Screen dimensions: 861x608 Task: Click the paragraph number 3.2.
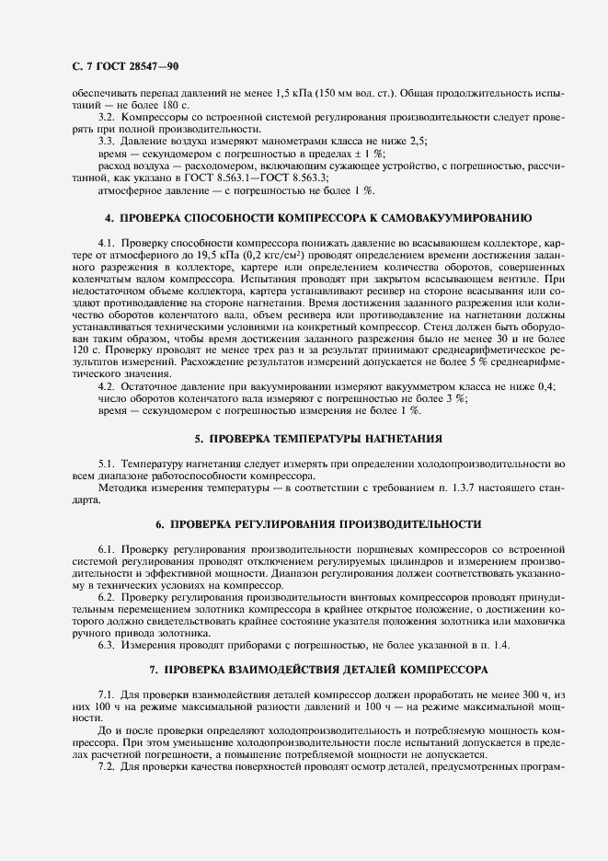106,120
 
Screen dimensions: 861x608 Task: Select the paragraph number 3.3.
106,142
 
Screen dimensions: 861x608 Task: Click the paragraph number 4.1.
106,241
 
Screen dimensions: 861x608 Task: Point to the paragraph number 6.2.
106,598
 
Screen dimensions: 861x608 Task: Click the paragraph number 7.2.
106,767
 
